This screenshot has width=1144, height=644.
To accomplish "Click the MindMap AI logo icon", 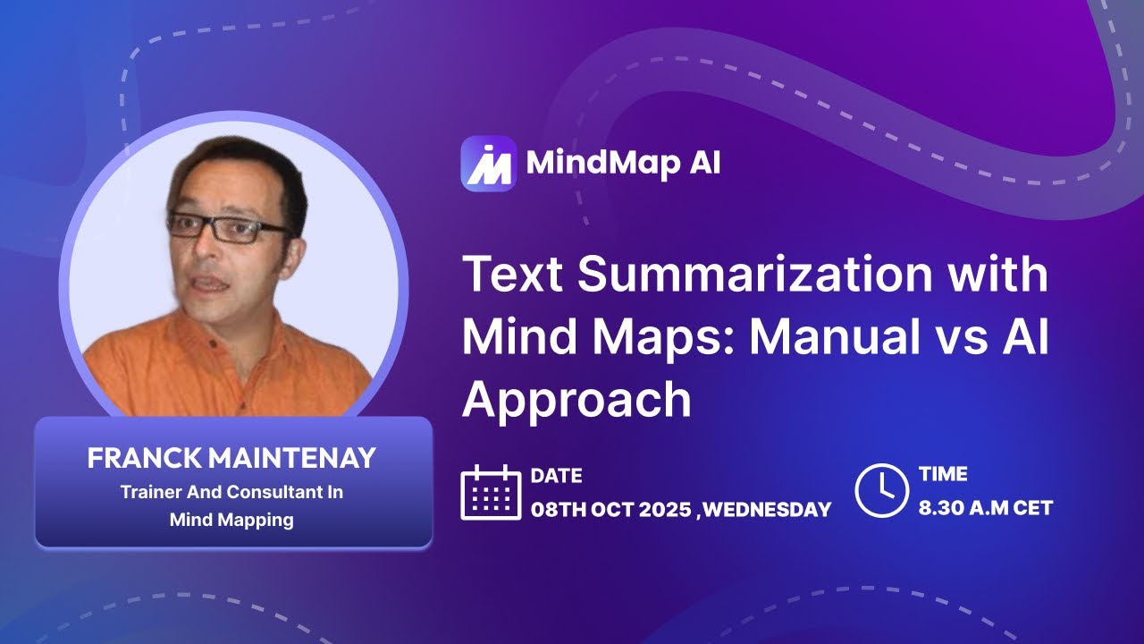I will coord(488,164).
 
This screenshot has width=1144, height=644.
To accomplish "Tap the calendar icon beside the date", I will coord(491,492).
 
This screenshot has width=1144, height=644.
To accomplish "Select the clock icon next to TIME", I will coord(881,490).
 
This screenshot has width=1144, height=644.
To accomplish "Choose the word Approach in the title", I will coord(576,399).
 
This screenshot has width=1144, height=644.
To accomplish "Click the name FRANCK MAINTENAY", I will coord(231,459).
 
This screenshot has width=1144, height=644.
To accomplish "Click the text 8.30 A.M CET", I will coord(985,508).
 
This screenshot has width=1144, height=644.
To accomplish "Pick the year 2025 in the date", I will coord(659,510).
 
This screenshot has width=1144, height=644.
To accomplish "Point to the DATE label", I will coord(556,476).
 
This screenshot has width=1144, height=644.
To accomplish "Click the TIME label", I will coord(943,475).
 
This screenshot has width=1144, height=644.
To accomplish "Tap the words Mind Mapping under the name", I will coord(231,520).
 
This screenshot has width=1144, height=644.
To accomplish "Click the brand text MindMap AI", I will coord(623,164).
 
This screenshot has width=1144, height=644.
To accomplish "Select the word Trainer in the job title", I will coord(149,493).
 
